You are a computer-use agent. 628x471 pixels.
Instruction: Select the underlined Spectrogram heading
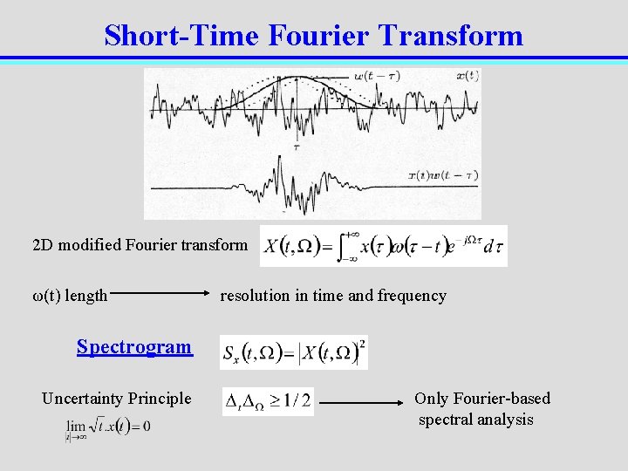134,346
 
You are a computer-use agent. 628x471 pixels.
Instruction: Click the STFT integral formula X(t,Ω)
384,246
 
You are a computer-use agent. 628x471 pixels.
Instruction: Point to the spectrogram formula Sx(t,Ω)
294,352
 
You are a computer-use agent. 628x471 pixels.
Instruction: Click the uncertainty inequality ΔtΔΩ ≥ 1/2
268,401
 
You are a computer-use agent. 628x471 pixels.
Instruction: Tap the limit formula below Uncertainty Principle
107,427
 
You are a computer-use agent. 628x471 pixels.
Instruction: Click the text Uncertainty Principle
116,399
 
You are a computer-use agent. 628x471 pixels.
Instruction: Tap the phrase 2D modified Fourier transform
140,244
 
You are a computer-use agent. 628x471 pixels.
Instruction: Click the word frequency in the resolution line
412,296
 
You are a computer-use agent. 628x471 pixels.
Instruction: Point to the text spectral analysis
475,420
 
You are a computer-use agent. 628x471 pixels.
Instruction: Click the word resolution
255,296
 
